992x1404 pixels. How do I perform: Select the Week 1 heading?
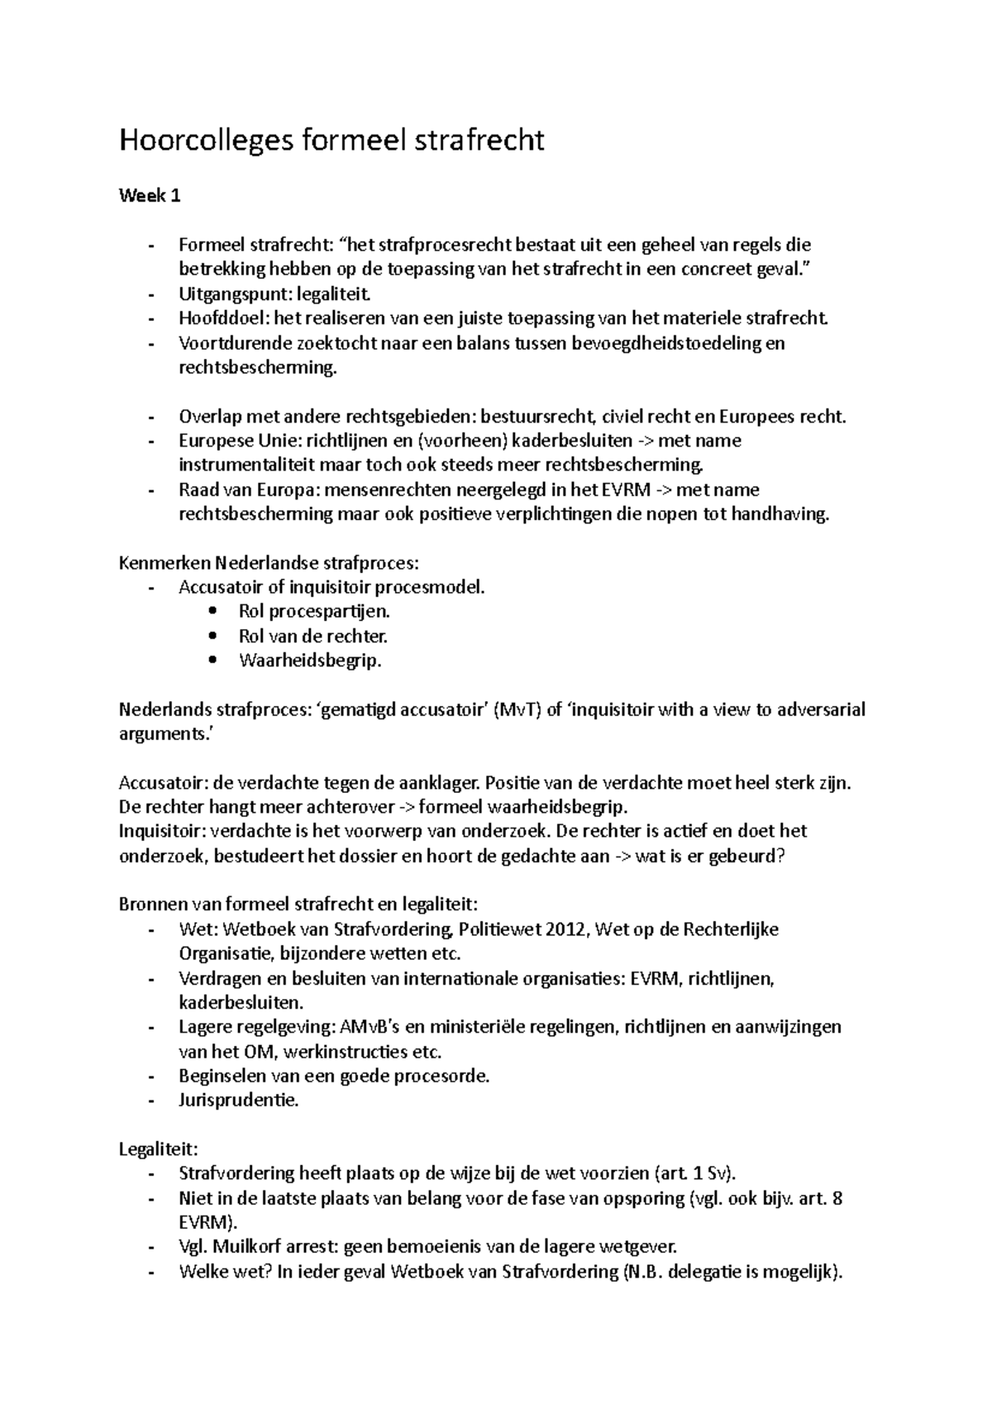pos(150,196)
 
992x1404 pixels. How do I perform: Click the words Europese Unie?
pos(228,441)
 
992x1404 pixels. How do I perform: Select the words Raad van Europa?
pos(234,489)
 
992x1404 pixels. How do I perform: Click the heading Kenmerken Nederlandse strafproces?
pos(269,564)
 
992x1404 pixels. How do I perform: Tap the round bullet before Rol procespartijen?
pos(215,612)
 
